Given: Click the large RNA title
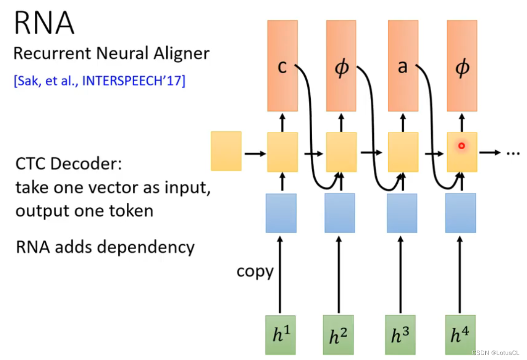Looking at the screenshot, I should point(44,23).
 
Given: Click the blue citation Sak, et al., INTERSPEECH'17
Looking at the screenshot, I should point(99,81).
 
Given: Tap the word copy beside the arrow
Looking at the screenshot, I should point(255,271).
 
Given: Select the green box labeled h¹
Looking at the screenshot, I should point(280,335).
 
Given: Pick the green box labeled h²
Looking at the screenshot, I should point(338,335).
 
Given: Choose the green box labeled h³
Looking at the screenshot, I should point(401,335).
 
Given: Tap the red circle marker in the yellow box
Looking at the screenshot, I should point(461,146).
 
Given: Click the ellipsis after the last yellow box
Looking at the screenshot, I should point(512,153).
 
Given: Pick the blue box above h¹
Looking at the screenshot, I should point(281,213).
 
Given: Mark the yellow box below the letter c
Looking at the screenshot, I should point(282,152).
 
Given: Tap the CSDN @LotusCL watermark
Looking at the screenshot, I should point(496,353).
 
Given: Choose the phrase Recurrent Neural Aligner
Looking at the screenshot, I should point(111,54).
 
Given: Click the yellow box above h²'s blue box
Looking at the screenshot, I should point(341,152).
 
